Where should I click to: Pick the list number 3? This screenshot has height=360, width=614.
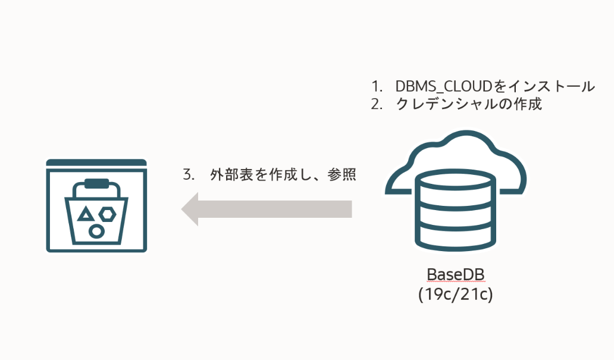point(189,176)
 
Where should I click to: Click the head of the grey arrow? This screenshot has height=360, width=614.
point(190,209)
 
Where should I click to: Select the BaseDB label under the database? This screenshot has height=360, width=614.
point(456,275)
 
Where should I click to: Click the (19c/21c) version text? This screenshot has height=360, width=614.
point(456,294)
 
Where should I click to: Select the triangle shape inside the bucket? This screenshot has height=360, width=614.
point(86,215)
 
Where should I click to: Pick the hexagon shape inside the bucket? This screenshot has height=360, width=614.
point(108,214)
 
